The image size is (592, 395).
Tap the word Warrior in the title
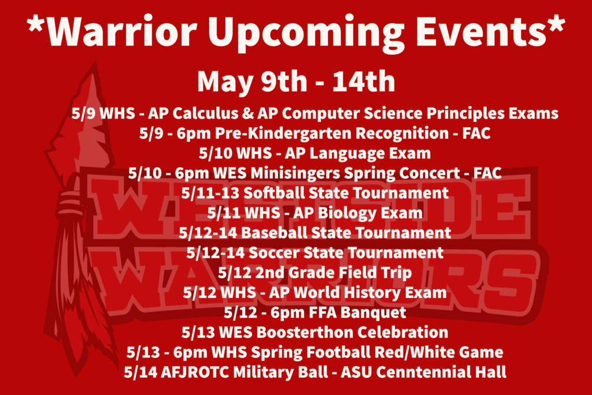121,30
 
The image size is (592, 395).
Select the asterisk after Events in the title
556,23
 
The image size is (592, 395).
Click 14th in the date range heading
364,81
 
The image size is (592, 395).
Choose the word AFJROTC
195,372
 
